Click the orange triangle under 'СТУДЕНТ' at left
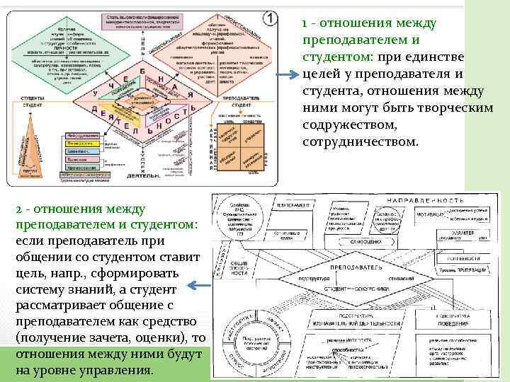[x=30, y=145]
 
